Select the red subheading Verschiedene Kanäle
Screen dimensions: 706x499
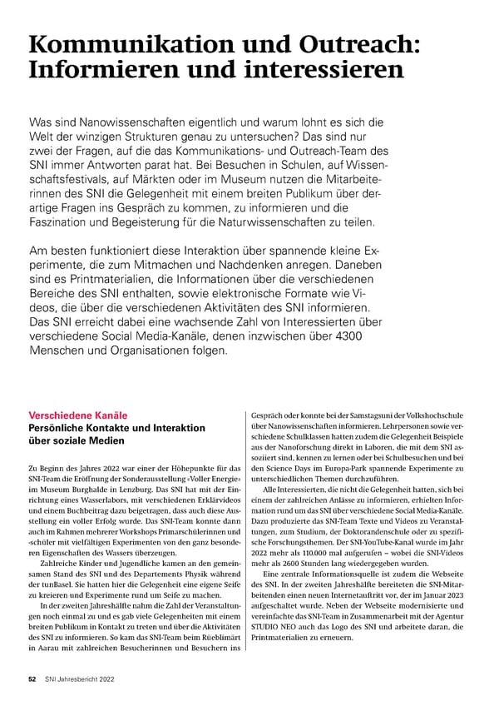[77, 415]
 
